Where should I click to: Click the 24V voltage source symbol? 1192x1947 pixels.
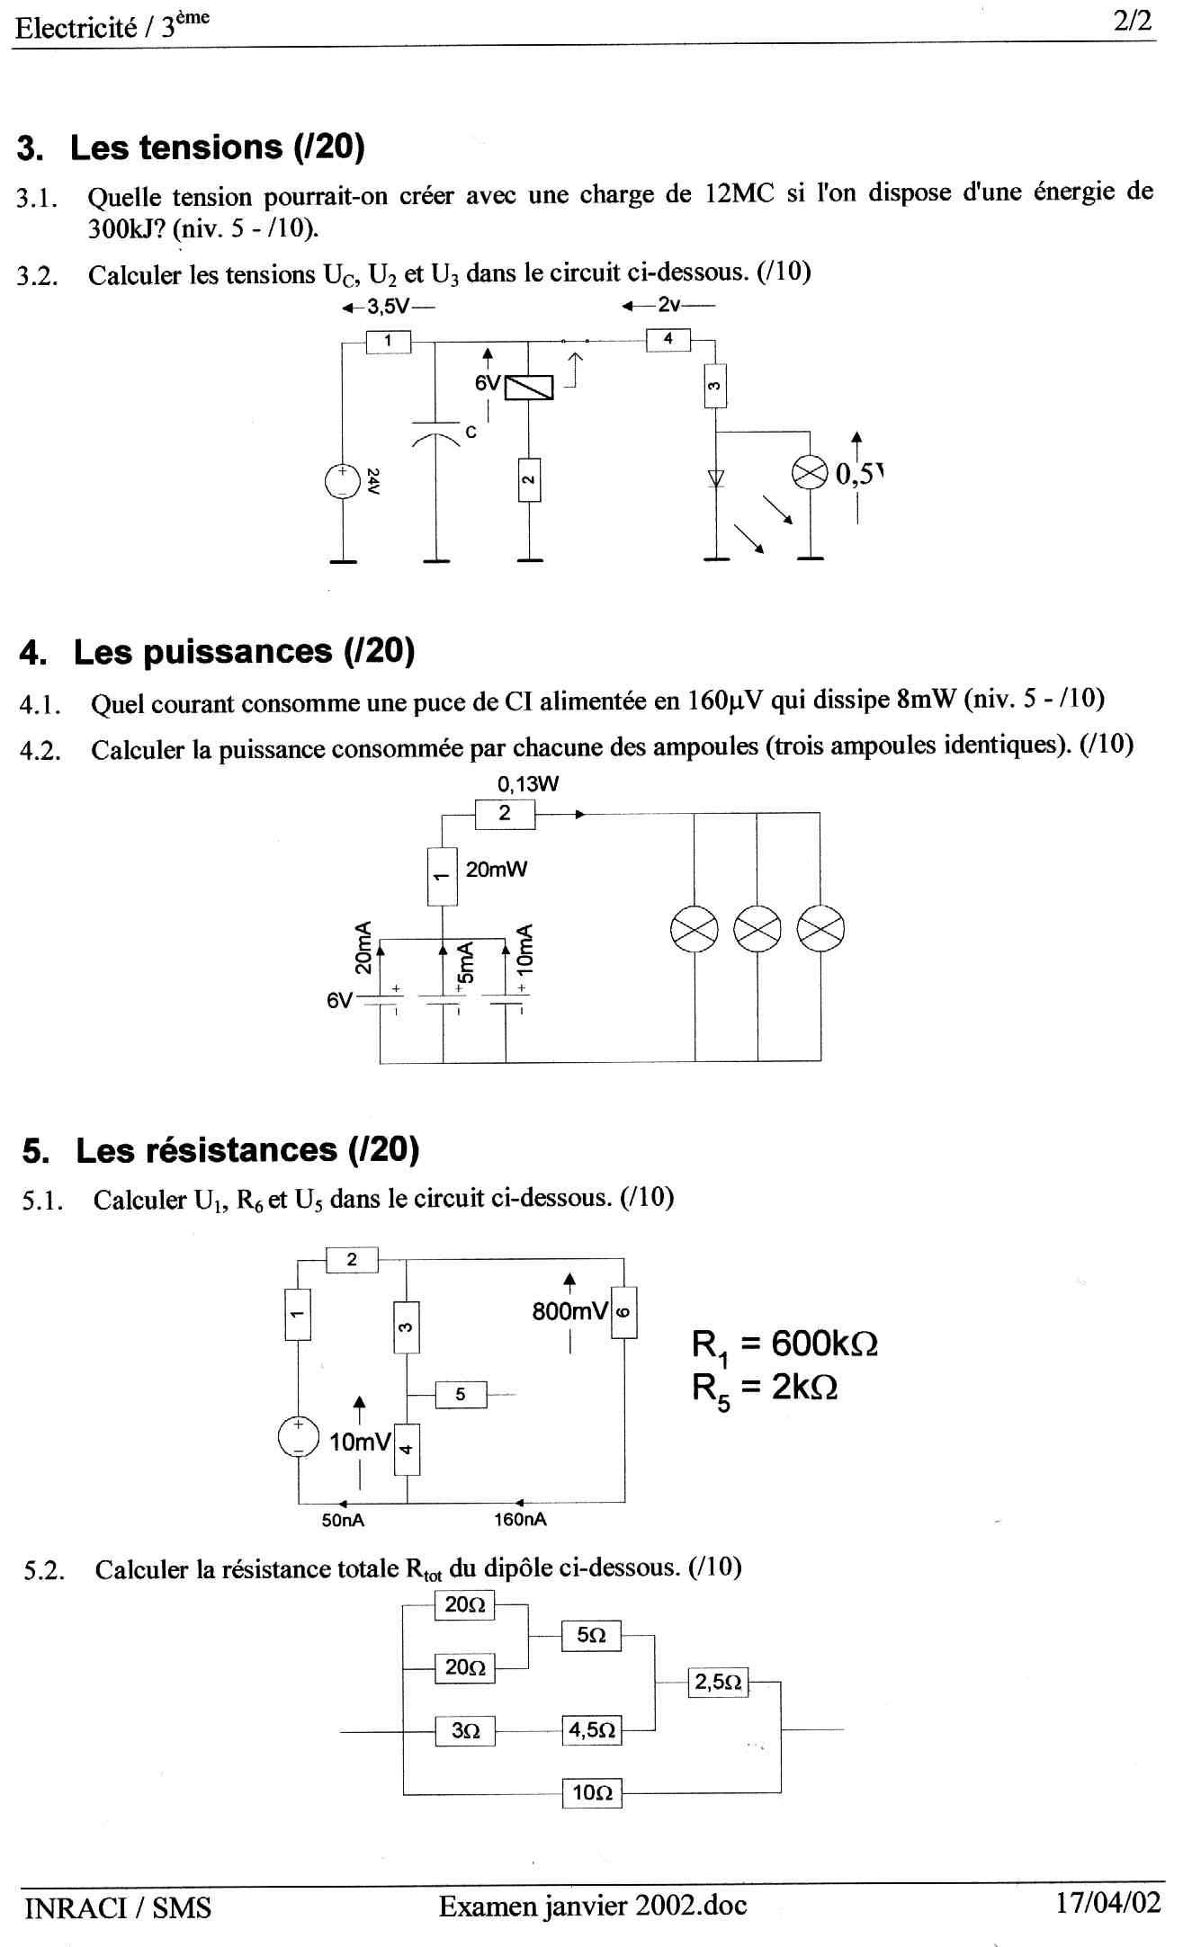click(343, 480)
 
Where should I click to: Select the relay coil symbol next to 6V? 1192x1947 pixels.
click(529, 388)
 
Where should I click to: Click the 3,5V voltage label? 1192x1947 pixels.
click(388, 307)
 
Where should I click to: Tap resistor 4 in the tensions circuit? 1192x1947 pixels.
click(668, 340)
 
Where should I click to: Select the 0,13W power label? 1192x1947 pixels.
click(528, 784)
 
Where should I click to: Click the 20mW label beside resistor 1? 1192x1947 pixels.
click(497, 870)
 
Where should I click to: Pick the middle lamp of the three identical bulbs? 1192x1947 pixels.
click(757, 929)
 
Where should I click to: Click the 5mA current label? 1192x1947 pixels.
click(465, 962)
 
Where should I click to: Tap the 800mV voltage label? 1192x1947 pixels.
click(570, 1311)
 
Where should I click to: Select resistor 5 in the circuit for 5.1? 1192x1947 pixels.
click(461, 1395)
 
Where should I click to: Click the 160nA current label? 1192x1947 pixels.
click(520, 1520)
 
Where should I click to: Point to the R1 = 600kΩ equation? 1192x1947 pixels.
click(784, 1344)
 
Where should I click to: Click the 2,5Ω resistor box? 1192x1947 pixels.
click(718, 1682)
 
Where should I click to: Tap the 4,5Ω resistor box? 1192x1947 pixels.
click(592, 1730)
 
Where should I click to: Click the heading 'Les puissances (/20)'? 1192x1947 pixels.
click(244, 651)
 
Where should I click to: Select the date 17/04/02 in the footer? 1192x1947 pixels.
click(1108, 1903)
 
